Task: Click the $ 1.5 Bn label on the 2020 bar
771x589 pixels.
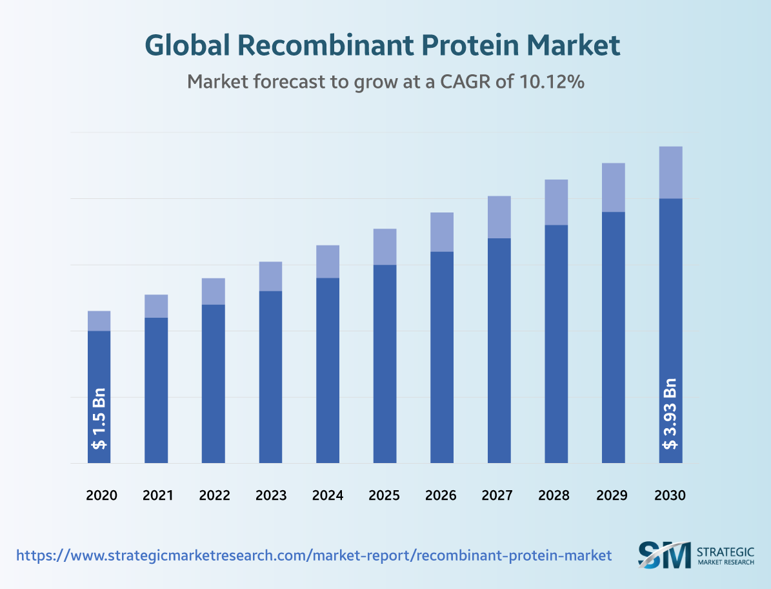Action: (99, 418)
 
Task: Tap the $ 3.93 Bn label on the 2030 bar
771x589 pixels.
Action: (671, 413)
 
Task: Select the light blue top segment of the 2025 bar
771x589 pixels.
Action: (385, 247)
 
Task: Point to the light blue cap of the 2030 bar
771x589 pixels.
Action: (671, 172)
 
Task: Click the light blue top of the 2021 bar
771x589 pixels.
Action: (156, 306)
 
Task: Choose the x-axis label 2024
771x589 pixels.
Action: (328, 496)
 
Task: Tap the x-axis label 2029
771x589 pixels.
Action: (613, 496)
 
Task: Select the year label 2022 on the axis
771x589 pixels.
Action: (214, 496)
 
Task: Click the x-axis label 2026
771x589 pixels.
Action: (442, 496)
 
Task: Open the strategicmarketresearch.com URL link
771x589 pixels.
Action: (314, 555)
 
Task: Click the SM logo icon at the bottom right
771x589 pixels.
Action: (664, 555)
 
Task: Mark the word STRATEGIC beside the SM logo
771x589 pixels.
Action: (726, 551)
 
